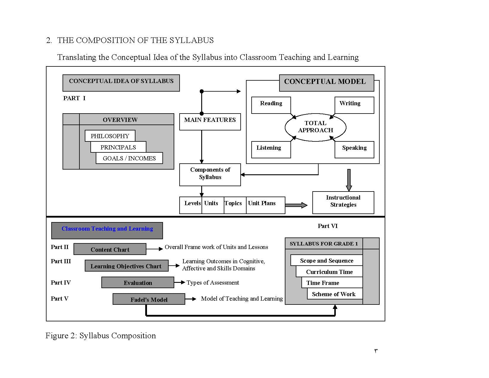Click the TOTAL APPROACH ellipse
pyautogui.click(x=315, y=127)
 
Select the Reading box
pyautogui.click(x=271, y=105)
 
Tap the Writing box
pyautogui.click(x=354, y=105)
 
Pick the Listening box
pyautogui.click(x=271, y=149)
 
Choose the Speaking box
pyautogui.click(x=354, y=149)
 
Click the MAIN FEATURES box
pyautogui.click(x=210, y=122)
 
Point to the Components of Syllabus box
pyautogui.click(x=210, y=175)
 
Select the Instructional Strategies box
pyautogui.click(x=343, y=202)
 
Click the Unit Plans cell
pyautogui.click(x=265, y=205)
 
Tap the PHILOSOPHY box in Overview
pyautogui.click(x=110, y=136)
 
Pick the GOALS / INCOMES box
pyautogui.click(x=129, y=158)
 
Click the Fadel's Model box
pyautogui.click(x=149, y=299)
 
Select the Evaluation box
pyautogui.click(x=138, y=282)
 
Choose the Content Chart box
pyautogui.click(x=110, y=249)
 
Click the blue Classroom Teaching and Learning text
pyautogui.click(x=107, y=229)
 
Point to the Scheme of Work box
pyautogui.click(x=335, y=294)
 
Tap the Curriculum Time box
pyautogui.click(x=329, y=272)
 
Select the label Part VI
pyautogui.click(x=327, y=226)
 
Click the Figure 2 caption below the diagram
pyautogui.click(x=100, y=336)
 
